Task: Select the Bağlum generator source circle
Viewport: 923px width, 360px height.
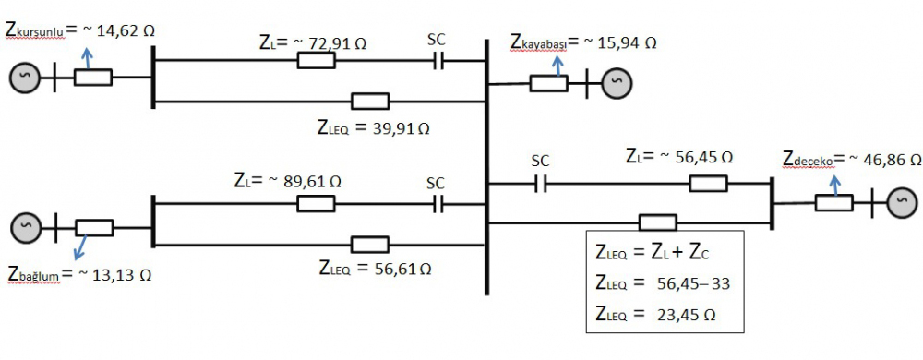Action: pos(26,225)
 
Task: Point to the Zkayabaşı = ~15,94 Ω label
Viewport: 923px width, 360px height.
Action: pos(583,42)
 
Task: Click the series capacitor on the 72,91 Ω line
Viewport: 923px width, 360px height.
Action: pos(439,61)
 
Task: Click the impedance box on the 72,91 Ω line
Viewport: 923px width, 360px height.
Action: pos(316,61)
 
